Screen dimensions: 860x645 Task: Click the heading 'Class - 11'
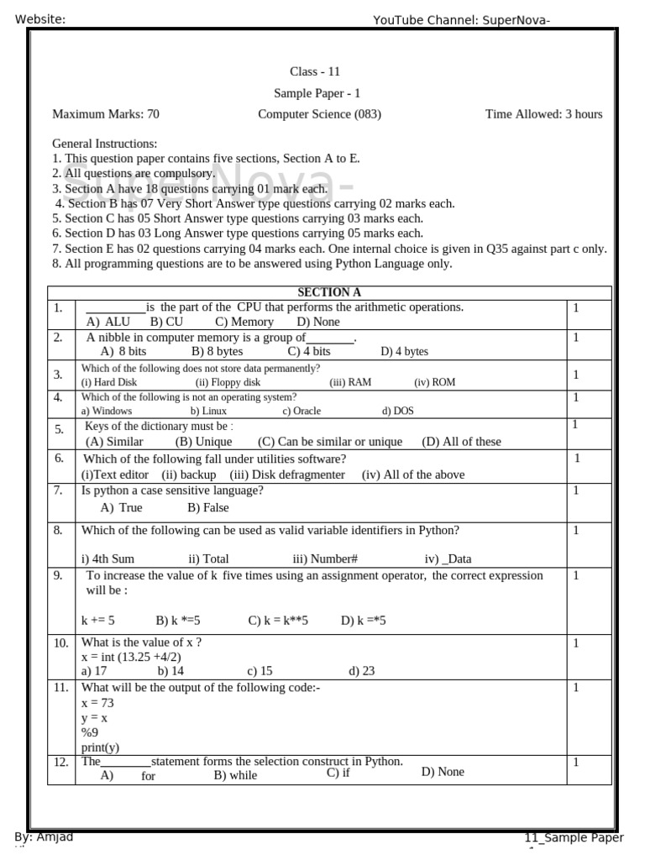pyautogui.click(x=315, y=71)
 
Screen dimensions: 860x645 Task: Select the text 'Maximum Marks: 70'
pyautogui.click(x=106, y=114)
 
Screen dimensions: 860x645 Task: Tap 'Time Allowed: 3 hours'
pyautogui.click(x=543, y=114)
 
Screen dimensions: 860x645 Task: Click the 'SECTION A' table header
pyautogui.click(x=329, y=292)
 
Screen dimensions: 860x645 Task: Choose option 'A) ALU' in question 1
pyautogui.click(x=108, y=322)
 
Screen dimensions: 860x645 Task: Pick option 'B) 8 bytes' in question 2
pyautogui.click(x=217, y=352)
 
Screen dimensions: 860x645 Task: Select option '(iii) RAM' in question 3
pyautogui.click(x=350, y=382)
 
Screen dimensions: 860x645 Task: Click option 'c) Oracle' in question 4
pyautogui.click(x=302, y=412)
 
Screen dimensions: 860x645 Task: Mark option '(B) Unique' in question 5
pyautogui.click(x=203, y=442)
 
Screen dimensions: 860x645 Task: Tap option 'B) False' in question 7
pyautogui.click(x=208, y=507)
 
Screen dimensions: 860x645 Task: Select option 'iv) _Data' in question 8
pyautogui.click(x=448, y=558)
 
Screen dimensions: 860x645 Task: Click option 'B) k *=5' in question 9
pyautogui.click(x=178, y=621)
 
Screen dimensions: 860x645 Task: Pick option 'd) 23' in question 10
pyautogui.click(x=361, y=671)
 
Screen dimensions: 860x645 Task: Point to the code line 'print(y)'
pyautogui.click(x=100, y=747)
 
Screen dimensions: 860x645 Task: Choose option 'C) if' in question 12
pyautogui.click(x=338, y=773)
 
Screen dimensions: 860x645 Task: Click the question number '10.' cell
pyautogui.click(x=60, y=643)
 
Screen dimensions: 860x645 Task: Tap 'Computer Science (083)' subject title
pyautogui.click(x=319, y=114)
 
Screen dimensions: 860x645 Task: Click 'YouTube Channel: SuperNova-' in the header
pyautogui.click(x=461, y=20)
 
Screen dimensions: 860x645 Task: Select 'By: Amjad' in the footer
pyautogui.click(x=44, y=836)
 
